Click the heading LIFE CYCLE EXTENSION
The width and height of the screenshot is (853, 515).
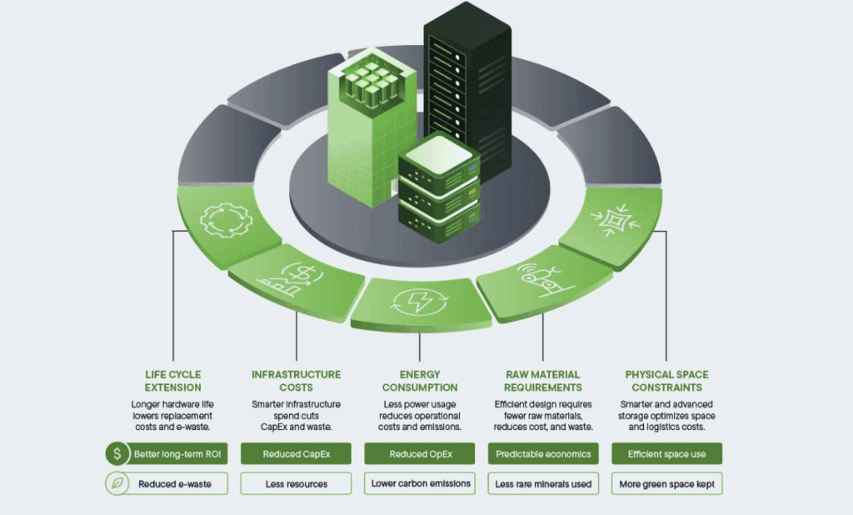(x=172, y=381)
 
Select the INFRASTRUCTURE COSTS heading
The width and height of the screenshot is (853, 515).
(x=296, y=381)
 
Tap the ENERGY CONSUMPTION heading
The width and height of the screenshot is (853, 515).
(x=420, y=381)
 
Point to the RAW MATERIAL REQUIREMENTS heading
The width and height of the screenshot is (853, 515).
(x=543, y=381)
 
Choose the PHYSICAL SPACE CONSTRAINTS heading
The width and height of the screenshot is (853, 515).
(x=666, y=381)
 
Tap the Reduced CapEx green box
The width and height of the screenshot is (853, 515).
(x=296, y=454)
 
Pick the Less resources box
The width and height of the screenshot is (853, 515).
(x=296, y=483)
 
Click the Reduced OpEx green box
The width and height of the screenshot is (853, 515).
(x=420, y=454)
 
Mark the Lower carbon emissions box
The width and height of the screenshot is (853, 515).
(x=420, y=483)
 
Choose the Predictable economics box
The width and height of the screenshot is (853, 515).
(x=543, y=454)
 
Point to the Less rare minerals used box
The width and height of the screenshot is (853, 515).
(x=543, y=483)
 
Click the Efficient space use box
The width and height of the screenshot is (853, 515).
(x=666, y=454)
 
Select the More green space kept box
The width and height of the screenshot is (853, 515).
(x=666, y=483)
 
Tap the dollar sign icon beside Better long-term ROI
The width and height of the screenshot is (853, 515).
(x=117, y=454)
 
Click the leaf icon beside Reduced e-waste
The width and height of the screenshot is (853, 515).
(x=117, y=483)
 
